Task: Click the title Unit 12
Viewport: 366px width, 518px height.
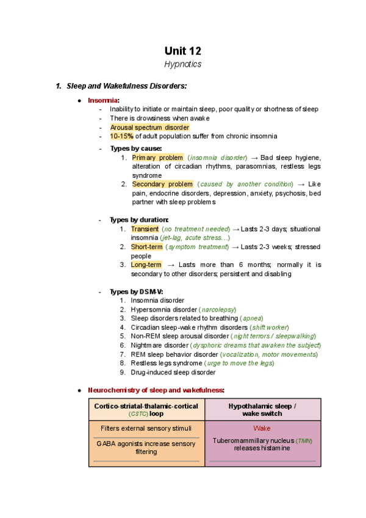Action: [183, 51]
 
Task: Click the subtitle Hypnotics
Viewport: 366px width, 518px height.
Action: [183, 64]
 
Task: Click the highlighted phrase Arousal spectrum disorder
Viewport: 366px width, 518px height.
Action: [149, 127]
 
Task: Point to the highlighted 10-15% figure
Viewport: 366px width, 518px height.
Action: [121, 136]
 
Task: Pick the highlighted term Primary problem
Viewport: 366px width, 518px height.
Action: [157, 158]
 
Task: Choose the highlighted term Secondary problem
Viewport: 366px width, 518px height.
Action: [162, 184]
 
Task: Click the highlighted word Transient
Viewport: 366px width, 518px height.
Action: [145, 229]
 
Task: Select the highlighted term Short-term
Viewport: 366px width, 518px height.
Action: [146, 247]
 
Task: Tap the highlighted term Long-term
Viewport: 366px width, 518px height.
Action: [146, 264]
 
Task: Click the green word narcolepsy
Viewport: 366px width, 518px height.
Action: [218, 310]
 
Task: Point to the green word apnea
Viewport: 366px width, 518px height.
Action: [253, 318]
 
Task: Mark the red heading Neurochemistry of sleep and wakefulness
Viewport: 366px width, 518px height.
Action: [156, 390]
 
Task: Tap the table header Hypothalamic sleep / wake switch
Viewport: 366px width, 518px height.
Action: [262, 409]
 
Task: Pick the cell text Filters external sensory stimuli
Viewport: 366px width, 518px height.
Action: [146, 428]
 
